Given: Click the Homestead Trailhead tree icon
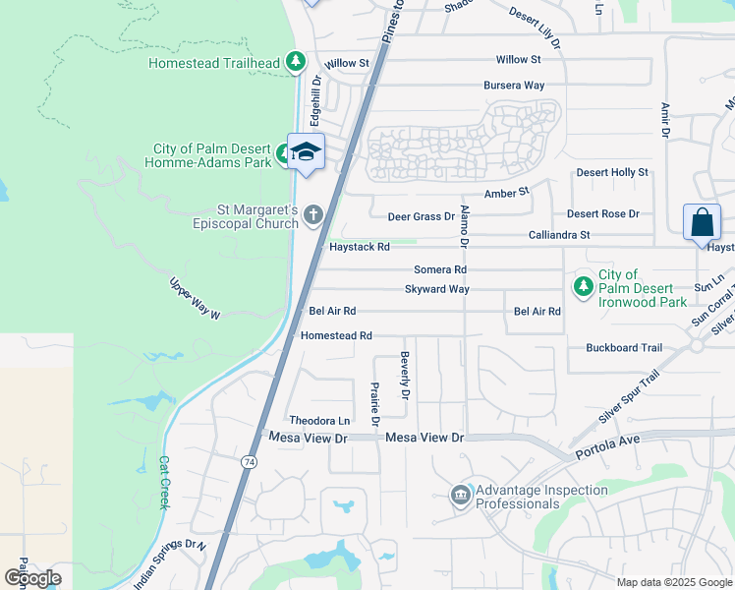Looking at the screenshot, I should tap(295, 62).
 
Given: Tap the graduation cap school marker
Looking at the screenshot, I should tap(306, 151).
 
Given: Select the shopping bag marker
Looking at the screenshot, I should tap(702, 222).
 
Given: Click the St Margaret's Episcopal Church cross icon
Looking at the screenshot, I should tap(313, 214).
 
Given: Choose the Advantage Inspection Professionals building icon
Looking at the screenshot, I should tap(460, 495).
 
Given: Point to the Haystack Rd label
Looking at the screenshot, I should tap(360, 247).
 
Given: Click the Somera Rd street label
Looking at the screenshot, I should tap(439, 269).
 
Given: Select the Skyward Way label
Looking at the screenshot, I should tap(436, 289).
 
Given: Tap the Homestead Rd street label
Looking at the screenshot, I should tap(336, 335).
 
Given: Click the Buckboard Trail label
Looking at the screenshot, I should tap(624, 348).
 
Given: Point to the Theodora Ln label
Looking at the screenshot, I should tap(318, 420).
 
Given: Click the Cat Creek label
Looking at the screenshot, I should tap(164, 481).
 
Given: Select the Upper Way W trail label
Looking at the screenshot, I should tap(196, 300).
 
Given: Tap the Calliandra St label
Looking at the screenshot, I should tap(559, 235).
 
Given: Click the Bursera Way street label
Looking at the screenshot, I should tap(514, 86).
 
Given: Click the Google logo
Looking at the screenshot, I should tap(32, 578).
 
